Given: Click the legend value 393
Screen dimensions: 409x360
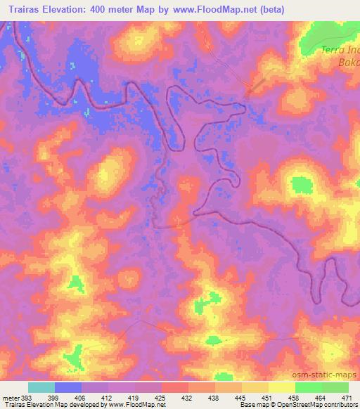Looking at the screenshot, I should [x=27, y=398].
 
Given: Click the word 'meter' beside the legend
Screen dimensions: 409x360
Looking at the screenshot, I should [x=11, y=398].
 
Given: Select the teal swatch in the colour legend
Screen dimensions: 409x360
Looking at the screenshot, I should [x=41, y=387].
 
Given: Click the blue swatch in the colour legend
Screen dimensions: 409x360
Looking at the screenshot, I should [x=68, y=387].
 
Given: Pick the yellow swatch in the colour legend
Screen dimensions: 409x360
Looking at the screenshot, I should [x=281, y=387].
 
